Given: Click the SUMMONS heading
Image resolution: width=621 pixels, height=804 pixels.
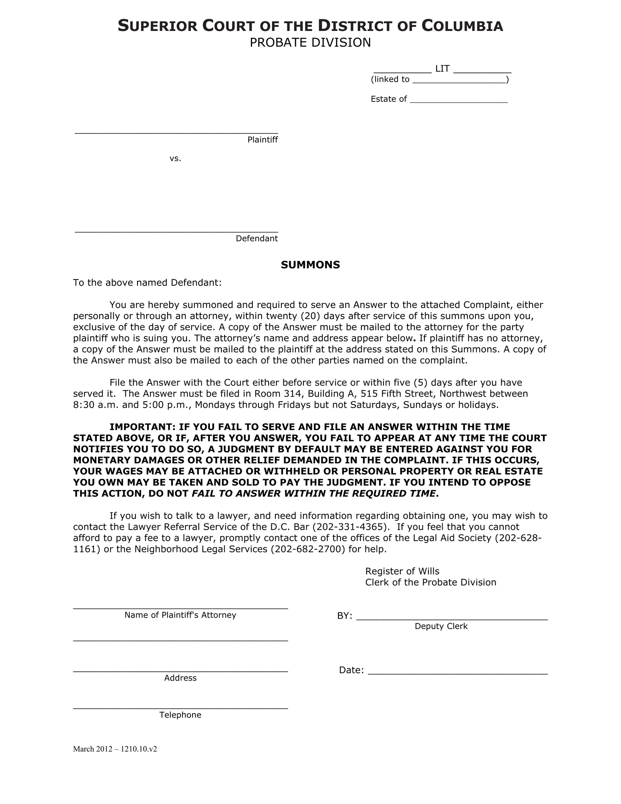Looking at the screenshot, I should pyautogui.click(x=310, y=265).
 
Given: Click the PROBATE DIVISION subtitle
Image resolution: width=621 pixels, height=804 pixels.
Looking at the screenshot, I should pyautogui.click(x=310, y=43).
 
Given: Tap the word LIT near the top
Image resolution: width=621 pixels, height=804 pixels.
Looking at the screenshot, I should pyautogui.click(x=442, y=69).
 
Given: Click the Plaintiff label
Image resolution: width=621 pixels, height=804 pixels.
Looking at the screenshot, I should pyautogui.click(x=262, y=140).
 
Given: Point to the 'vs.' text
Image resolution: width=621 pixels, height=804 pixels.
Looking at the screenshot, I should pyautogui.click(x=175, y=158).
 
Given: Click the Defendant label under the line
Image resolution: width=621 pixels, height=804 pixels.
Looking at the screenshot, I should pyautogui.click(x=256, y=239).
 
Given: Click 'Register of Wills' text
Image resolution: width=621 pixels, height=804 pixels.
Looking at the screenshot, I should pyautogui.click(x=402, y=571).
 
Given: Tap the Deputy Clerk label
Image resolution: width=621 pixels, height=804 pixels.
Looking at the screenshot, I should pyautogui.click(x=441, y=626).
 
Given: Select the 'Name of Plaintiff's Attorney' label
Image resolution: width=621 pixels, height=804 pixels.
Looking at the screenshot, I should pyautogui.click(x=180, y=615).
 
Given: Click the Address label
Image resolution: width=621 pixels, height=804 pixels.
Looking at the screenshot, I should pyautogui.click(x=180, y=678).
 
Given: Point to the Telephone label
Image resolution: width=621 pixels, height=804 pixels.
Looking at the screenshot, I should pyautogui.click(x=180, y=715).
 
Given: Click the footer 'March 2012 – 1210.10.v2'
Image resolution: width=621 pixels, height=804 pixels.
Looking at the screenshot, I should pyautogui.click(x=115, y=749).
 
